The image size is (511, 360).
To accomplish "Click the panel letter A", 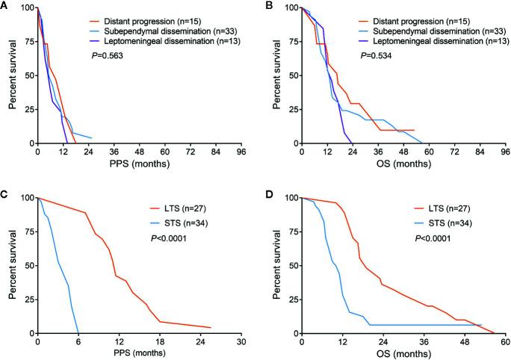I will [5, 6].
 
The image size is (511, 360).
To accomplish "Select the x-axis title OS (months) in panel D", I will [403, 354].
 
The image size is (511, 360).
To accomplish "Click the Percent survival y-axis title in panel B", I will [272, 75].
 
